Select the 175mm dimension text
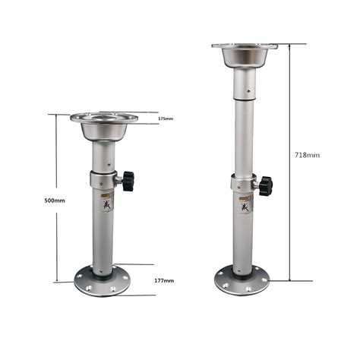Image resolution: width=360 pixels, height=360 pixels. [166, 119]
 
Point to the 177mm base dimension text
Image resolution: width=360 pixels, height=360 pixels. [163, 281]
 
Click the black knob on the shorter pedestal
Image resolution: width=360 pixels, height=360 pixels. [128, 181]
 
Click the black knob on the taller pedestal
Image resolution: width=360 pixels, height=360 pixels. [264, 185]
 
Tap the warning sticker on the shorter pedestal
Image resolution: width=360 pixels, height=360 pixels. [108, 202]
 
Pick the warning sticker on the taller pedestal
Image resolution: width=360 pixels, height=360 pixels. [245, 204]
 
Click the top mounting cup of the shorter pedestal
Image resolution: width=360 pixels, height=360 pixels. [104, 128]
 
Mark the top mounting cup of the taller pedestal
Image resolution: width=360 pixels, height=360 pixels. [244, 55]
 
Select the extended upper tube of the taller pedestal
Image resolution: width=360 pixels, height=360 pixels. [243, 129]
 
